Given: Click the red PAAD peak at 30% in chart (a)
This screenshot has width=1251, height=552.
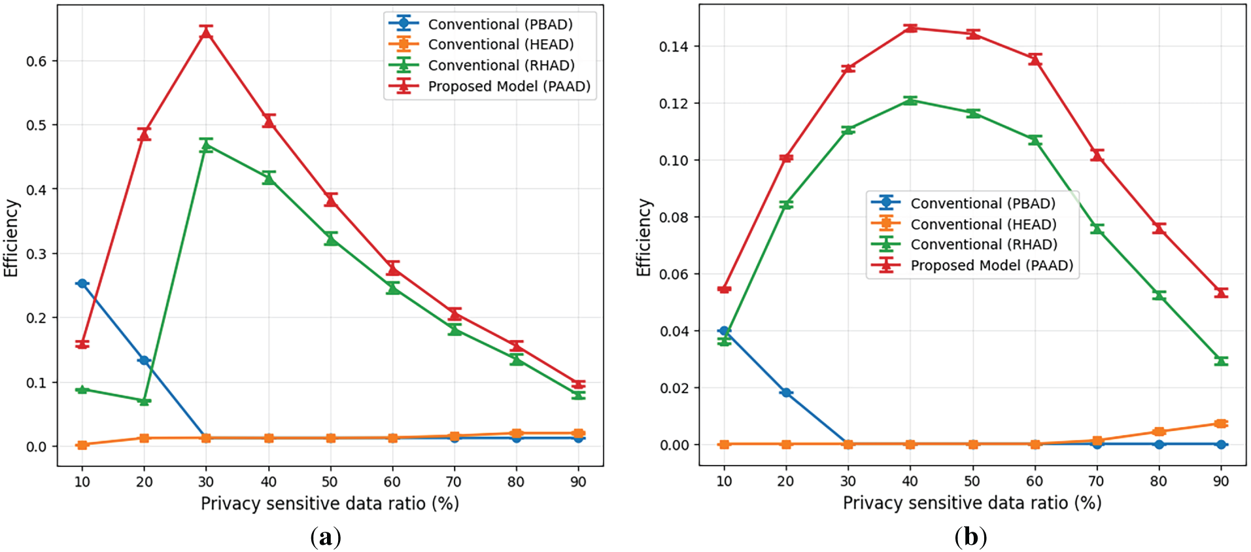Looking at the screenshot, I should tap(206, 31).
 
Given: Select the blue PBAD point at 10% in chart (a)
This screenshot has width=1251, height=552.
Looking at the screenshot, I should tap(82, 283).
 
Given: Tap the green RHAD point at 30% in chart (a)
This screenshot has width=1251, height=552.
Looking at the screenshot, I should tap(206, 146).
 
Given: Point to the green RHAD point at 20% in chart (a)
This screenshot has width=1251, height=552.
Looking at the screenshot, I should tap(145, 401).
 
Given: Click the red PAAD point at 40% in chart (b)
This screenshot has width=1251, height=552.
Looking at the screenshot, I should tap(910, 28).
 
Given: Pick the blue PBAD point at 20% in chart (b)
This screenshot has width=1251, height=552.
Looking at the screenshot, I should tap(786, 392).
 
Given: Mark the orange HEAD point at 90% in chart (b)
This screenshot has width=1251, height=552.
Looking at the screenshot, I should tap(1220, 424).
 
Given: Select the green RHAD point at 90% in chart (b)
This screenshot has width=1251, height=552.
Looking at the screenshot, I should tap(1220, 360).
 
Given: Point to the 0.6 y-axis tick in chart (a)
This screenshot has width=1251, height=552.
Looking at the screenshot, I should tap(37, 61).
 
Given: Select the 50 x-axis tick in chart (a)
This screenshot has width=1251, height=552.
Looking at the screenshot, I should tap(330, 482).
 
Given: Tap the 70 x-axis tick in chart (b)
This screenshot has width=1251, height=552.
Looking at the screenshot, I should tap(1096, 481).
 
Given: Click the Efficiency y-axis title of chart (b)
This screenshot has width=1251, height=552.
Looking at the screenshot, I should tap(644, 237).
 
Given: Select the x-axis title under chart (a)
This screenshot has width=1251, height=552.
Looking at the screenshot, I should tap(330, 504).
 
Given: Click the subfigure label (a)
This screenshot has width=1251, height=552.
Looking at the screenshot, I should tap(325, 538).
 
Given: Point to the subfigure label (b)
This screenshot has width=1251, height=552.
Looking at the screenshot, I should tap(970, 538).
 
